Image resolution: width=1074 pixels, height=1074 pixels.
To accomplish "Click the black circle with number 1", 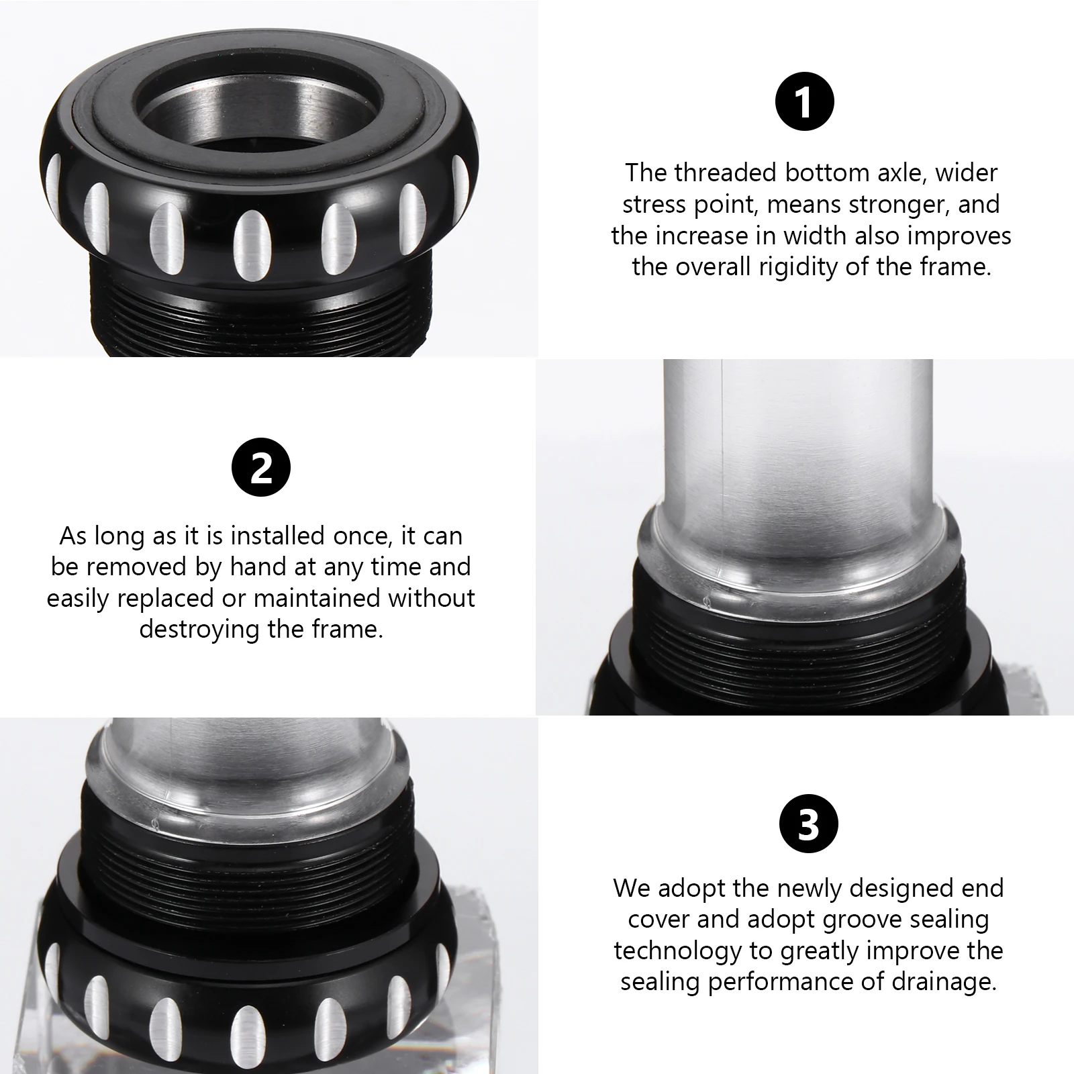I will click(x=804, y=103).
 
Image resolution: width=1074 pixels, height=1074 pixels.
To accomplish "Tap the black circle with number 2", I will click(x=261, y=468).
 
